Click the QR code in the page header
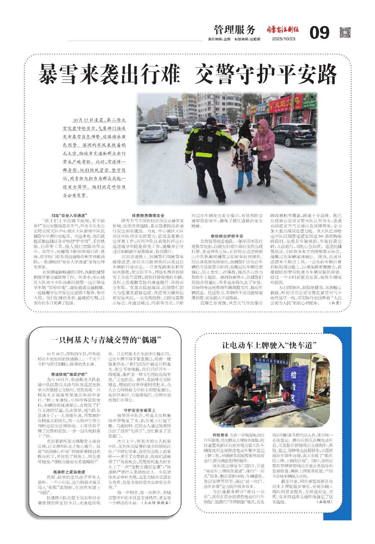coord(345,33)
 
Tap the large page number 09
coord(319,33)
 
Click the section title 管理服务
coord(234,30)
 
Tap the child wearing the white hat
coord(243,161)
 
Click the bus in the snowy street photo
coord(171,122)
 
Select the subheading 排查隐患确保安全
coord(148,216)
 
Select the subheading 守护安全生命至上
coord(140,410)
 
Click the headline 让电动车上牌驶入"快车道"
coord(269,345)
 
